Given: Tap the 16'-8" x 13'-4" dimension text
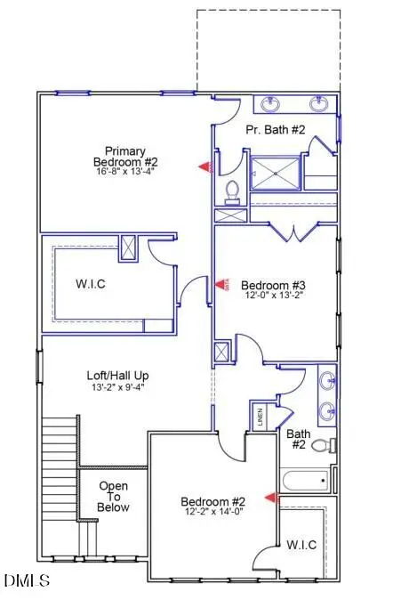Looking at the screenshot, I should tap(125, 173).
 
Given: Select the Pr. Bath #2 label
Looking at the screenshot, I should tap(276, 130).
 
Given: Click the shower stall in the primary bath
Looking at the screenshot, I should tap(275, 174).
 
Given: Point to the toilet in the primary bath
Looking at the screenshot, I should tap(233, 191).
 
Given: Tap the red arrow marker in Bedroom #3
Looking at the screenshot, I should tap(221, 285).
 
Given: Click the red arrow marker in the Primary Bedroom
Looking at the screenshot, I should tap(204, 166).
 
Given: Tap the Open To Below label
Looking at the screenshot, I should tap(113, 497).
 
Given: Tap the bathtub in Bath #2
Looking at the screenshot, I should tap(304, 482).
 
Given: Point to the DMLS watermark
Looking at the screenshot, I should tap(27, 581).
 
